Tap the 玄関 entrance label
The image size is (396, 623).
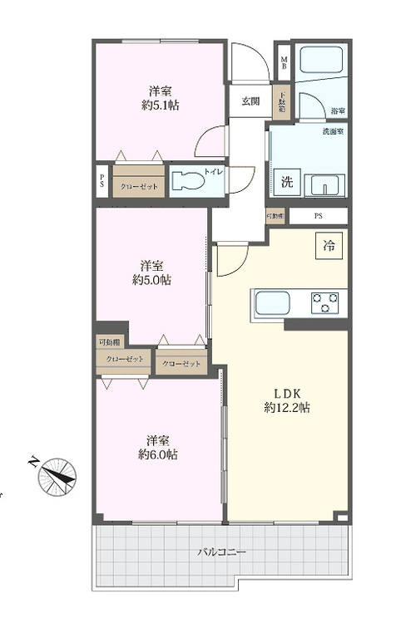[250, 101]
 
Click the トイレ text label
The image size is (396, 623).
[213, 175]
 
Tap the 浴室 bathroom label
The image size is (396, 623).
[338, 110]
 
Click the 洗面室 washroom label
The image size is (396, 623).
[334, 130]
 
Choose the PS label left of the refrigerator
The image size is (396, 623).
[319, 216]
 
